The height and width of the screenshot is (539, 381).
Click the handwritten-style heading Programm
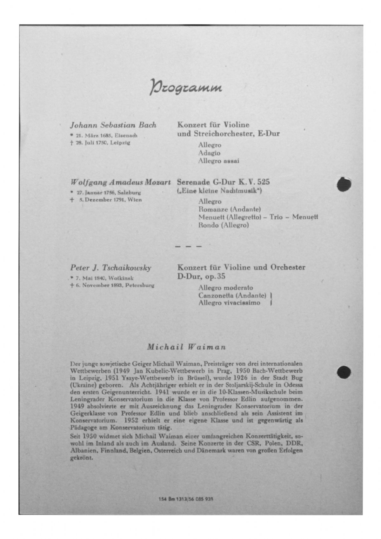click(186, 87)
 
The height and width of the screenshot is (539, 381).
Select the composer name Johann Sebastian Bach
click(113, 125)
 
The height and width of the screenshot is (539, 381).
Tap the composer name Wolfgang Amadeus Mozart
click(120, 183)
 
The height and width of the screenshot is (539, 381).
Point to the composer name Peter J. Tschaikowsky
click(111, 268)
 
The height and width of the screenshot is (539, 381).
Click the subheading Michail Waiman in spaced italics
click(186, 347)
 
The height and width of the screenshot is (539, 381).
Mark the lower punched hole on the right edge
click(344, 372)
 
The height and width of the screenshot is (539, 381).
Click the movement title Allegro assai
click(218, 161)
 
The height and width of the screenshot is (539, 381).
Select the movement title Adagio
click(209, 153)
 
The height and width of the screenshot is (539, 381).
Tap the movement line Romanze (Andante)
click(229, 209)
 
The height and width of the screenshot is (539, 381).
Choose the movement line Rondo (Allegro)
click(223, 225)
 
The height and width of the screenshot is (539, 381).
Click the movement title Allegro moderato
click(225, 288)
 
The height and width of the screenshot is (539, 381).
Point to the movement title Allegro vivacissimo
click(229, 303)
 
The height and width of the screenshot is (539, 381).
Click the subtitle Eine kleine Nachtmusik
click(219, 191)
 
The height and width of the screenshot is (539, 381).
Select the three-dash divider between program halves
click(188, 246)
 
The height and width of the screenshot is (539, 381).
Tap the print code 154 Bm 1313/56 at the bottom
click(186, 499)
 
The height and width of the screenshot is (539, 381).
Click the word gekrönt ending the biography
click(81, 458)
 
